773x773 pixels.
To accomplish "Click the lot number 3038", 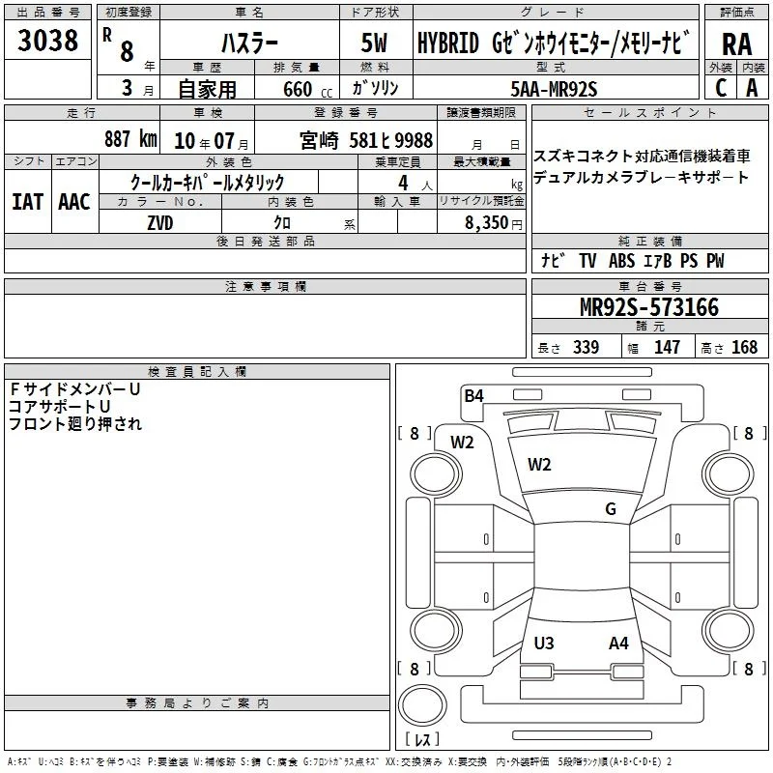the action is pos(47,41).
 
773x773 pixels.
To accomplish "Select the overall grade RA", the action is pos(736,44).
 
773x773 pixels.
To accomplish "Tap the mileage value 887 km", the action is pos(130,139).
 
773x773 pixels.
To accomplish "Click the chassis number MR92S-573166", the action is pos(649,306).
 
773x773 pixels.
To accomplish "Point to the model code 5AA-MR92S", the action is pos(554,89).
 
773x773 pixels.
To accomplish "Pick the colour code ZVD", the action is pos(160,223).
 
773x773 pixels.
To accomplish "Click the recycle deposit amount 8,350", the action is pos(487,223).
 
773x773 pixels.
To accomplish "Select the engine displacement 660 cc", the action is pos(307,89).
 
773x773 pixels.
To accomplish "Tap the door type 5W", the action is pos(374,43).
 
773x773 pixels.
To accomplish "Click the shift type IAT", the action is pos(27,202).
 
